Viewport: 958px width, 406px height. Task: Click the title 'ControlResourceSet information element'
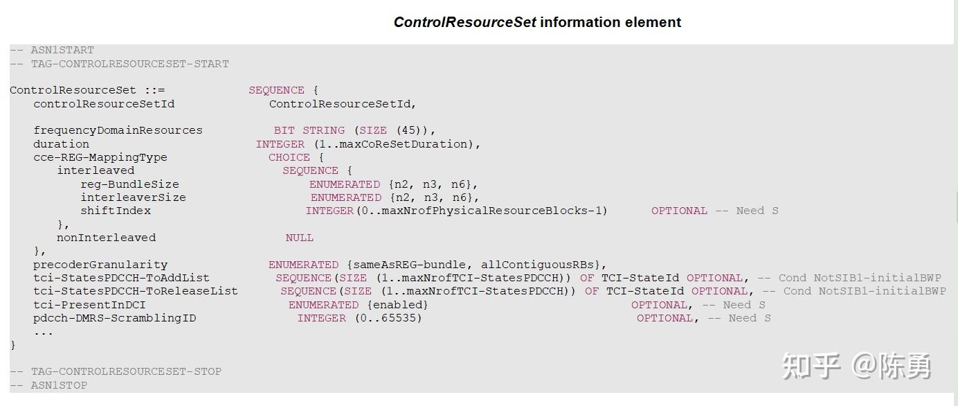pos(537,22)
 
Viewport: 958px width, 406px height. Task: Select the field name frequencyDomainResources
pos(118,130)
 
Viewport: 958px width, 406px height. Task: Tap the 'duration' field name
pos(61,144)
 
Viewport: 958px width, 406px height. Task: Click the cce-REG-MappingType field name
pos(100,157)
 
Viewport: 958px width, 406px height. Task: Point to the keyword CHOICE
pos(289,157)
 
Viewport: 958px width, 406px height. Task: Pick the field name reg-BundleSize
pos(130,184)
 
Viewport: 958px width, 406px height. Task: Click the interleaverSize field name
pos(134,197)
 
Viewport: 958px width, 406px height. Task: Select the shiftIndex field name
pos(116,211)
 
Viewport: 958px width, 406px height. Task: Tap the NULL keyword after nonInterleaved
pos(299,238)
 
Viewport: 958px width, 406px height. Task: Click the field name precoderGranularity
pos(100,265)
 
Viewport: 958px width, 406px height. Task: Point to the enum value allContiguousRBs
pos(537,265)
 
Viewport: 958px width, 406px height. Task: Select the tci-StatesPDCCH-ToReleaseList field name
pos(136,291)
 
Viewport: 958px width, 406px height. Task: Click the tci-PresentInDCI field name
pos(89,305)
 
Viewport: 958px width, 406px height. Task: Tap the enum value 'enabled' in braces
pos(398,305)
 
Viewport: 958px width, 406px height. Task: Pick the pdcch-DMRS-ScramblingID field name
pos(115,318)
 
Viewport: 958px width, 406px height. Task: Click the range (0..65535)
pos(388,318)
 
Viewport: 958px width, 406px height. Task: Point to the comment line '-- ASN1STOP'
pos(48,385)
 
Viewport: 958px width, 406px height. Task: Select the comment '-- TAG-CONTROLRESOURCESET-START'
pos(119,64)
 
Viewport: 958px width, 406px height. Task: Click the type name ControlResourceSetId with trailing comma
pos(343,104)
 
